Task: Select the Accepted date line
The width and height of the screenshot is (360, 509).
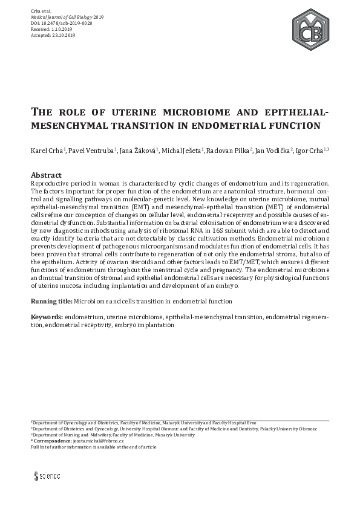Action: (x=52, y=36)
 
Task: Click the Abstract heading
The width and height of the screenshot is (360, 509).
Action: (x=46, y=175)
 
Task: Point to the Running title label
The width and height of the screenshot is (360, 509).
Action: (x=51, y=301)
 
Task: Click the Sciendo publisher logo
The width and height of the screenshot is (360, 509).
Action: (x=47, y=476)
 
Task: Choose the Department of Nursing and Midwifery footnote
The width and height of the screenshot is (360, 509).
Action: (x=103, y=435)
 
